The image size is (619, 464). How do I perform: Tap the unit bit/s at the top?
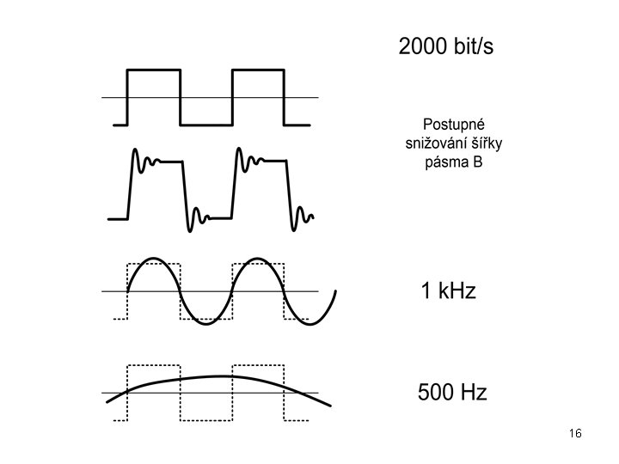pos(473,46)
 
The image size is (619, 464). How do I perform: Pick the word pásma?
pos(445,162)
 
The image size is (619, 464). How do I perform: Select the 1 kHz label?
pos(447,291)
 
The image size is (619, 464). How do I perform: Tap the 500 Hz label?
pos(452,394)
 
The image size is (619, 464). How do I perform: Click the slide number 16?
pos(576,433)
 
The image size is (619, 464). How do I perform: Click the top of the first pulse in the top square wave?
pos(154,70)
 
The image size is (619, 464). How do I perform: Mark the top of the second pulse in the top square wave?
pos(259,70)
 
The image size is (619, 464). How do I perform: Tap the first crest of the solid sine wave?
pos(154,259)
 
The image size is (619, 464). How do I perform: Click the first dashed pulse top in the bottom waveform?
pos(154,365)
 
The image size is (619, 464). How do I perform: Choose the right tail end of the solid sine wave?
pos(334,294)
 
